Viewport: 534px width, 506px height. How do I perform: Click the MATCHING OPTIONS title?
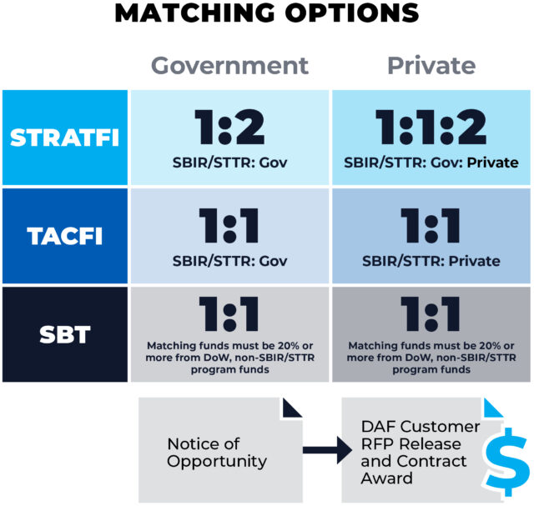[x=267, y=13]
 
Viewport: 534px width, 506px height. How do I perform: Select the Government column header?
[x=230, y=66]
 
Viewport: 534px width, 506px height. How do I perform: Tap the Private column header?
[x=431, y=65]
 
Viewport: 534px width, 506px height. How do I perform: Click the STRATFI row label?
[x=65, y=138]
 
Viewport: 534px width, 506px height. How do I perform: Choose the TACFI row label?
[x=65, y=236]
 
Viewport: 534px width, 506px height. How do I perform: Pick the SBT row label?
[x=65, y=334]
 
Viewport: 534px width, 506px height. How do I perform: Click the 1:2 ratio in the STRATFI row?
[x=229, y=128]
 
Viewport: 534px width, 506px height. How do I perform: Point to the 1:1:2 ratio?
[x=431, y=128]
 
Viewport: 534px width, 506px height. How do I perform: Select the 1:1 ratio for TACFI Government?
[x=229, y=226]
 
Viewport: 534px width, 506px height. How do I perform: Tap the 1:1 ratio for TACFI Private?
[x=431, y=226]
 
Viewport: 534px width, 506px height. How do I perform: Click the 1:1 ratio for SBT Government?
[x=229, y=313]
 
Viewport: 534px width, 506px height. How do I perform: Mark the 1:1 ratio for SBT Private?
[x=431, y=313]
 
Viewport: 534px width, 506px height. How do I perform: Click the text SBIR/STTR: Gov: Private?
[x=431, y=163]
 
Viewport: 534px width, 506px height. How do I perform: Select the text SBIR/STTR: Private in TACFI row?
[x=431, y=261]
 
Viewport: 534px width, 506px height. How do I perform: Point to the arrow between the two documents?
[x=327, y=450]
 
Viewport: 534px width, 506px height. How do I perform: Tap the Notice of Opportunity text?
[x=217, y=453]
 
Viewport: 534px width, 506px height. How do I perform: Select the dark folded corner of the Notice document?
[x=291, y=408]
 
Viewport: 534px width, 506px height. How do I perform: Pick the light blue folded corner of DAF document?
[x=493, y=408]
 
